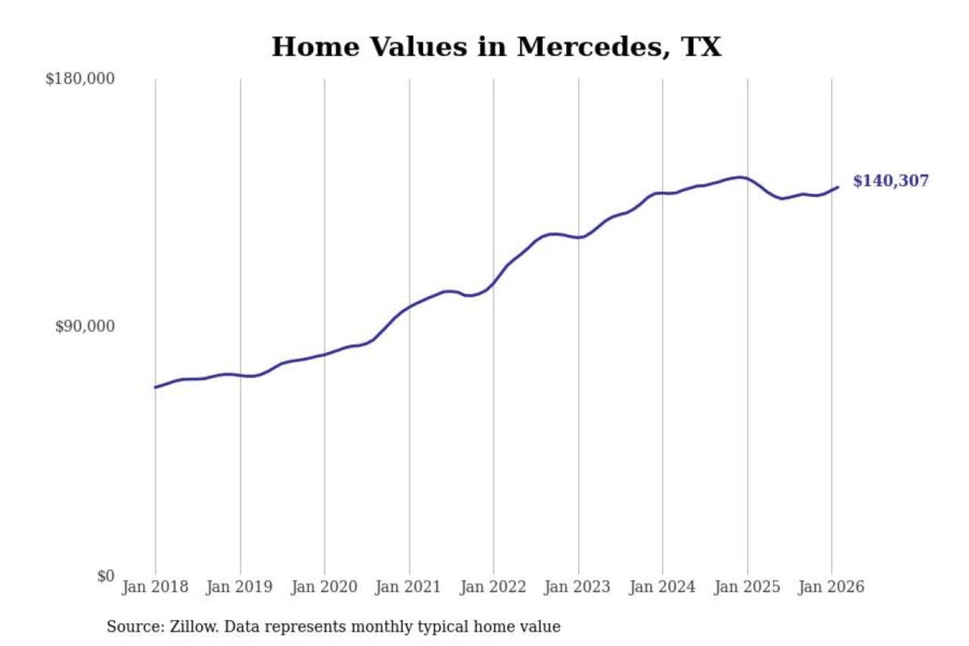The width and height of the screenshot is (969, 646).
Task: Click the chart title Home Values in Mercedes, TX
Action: [x=497, y=47]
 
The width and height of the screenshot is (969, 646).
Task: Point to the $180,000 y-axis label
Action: [x=80, y=79]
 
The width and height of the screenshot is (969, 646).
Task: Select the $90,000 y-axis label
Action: [x=85, y=326]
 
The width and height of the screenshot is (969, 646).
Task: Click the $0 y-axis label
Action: [x=106, y=576]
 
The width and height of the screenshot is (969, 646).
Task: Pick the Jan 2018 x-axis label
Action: [x=155, y=587]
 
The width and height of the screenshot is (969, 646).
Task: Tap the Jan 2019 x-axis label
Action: [x=240, y=587]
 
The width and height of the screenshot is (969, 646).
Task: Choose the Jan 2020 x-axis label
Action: [x=324, y=587]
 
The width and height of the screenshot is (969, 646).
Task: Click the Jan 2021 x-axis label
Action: [x=408, y=587]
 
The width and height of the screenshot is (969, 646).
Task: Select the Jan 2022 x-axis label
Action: [x=493, y=587]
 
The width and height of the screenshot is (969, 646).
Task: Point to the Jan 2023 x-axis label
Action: [x=577, y=587]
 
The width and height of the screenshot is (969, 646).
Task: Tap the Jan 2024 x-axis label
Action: [x=661, y=587]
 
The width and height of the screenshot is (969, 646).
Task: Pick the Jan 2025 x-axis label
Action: [x=746, y=587]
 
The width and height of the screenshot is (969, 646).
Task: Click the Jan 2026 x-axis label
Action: [x=830, y=587]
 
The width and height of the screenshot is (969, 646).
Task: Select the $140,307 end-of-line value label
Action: [x=890, y=181]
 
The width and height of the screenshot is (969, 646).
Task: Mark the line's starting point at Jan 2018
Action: [x=155, y=387]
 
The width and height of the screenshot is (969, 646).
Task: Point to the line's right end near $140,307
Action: [x=838, y=187]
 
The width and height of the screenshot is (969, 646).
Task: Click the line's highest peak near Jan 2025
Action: [x=741, y=177]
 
